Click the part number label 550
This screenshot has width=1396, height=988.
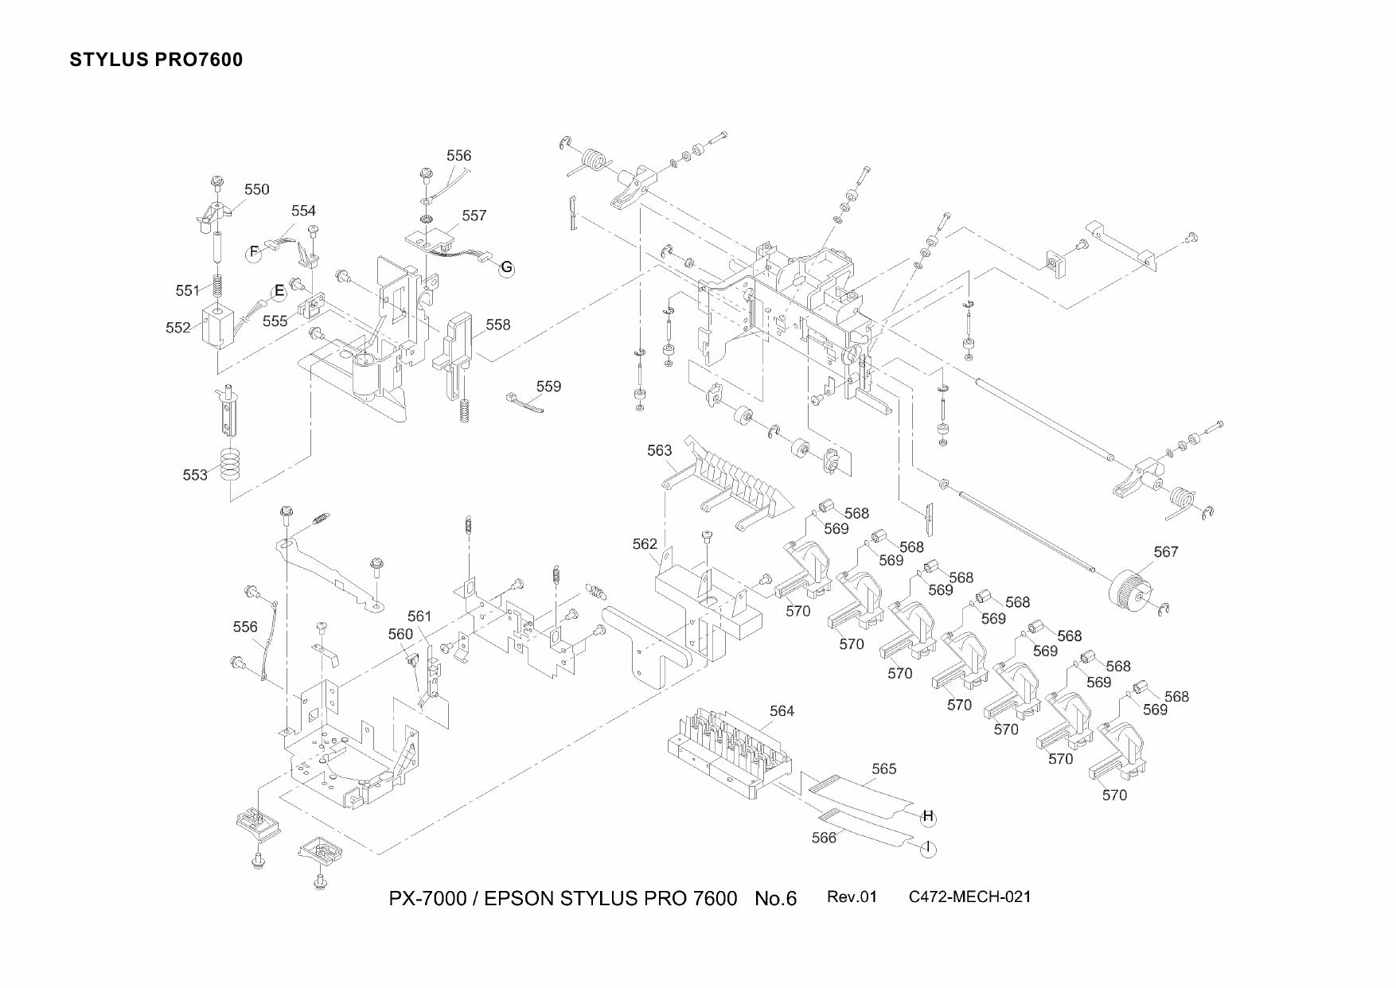pos(256,189)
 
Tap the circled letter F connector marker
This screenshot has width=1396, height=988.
pos(254,253)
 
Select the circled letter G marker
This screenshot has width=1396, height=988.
pos(507,268)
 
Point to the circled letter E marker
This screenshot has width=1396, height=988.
pos(279,291)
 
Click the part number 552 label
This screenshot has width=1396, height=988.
pos(178,328)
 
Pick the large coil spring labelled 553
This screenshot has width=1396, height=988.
pos(230,465)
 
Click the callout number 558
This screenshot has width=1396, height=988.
pos(497,325)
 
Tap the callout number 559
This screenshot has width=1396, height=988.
pos(548,387)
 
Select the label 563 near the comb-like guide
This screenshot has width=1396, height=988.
pos(659,451)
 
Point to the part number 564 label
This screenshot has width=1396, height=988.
pos(782,711)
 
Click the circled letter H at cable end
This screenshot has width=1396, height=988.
pos(927,816)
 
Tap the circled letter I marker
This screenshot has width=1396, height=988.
pos(928,849)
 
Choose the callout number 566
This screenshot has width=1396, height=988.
pos(824,838)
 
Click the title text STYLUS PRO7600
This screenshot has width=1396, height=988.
pos(156,60)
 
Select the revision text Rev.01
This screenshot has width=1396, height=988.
pos(852,897)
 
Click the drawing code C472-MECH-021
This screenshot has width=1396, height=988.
pos(969,897)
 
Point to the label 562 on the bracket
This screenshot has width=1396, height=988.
pos(645,544)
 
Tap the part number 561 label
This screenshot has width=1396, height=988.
pos(419,617)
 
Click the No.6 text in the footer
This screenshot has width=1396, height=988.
pos(775,899)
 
